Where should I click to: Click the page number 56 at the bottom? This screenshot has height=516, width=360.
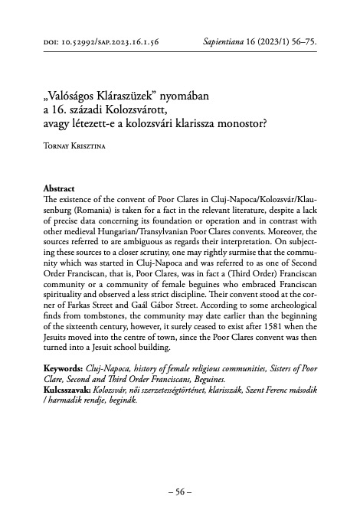pos(179,489)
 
